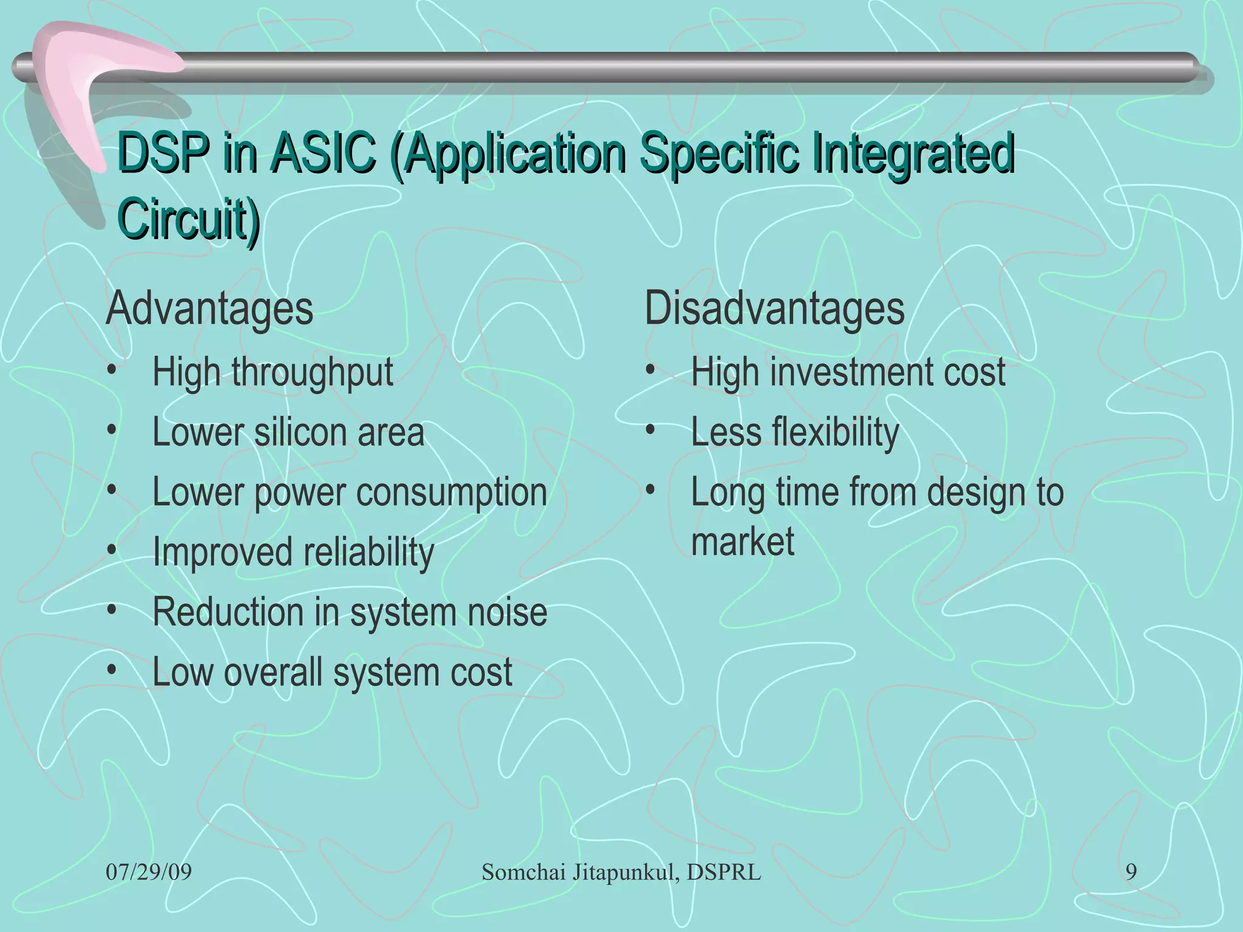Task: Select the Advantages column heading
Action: click(x=209, y=309)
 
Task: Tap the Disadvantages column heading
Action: click(x=774, y=309)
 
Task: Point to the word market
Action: click(x=742, y=541)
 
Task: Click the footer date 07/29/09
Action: click(x=149, y=873)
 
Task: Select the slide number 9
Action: click(x=1131, y=873)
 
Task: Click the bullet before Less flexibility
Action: click(x=651, y=430)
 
